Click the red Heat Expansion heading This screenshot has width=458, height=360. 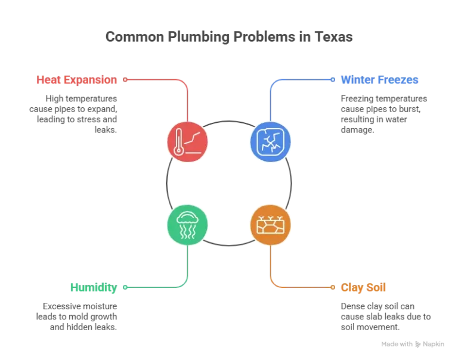click(77, 79)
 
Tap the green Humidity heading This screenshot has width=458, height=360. click(92, 287)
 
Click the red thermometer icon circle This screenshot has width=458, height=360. click(188, 142)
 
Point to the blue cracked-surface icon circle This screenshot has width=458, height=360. click(270, 142)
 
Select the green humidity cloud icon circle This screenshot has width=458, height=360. click(188, 225)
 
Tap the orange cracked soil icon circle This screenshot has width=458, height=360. click(270, 225)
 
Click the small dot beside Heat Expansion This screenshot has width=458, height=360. click(125, 79)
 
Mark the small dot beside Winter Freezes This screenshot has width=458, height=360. click(333, 79)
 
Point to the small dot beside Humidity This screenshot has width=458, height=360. click(125, 287)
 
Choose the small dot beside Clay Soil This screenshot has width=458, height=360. click(333, 287)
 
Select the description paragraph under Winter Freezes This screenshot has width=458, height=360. click(382, 113)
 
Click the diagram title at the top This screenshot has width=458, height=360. click(229, 37)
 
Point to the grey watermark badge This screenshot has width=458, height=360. click(414, 343)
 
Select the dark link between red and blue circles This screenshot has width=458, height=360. click(229, 124)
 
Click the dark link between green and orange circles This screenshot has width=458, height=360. click(229, 243)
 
